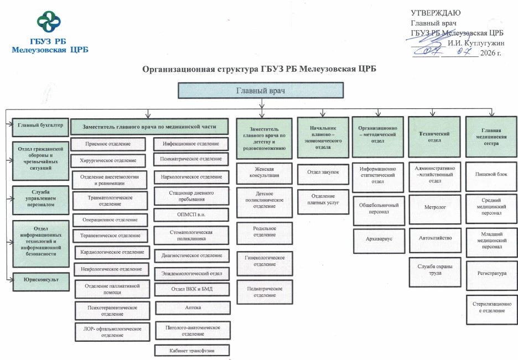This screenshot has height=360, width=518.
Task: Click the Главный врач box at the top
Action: [x=261, y=90]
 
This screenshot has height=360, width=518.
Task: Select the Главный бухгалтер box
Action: [x=40, y=127]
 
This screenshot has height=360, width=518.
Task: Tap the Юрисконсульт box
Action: [x=41, y=281]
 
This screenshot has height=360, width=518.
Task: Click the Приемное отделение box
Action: [x=108, y=144]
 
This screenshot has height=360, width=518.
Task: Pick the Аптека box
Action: [x=193, y=307]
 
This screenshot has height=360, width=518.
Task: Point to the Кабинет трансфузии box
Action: [x=192, y=351]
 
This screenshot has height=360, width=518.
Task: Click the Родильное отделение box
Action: [x=265, y=233]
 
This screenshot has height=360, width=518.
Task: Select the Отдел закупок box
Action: [x=323, y=174]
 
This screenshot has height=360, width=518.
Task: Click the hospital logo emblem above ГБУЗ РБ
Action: [x=49, y=22]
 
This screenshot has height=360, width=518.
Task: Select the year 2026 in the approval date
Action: [x=488, y=53]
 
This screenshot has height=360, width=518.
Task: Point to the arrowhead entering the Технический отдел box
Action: [x=433, y=114]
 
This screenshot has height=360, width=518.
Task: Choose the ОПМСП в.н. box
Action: [x=191, y=215]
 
